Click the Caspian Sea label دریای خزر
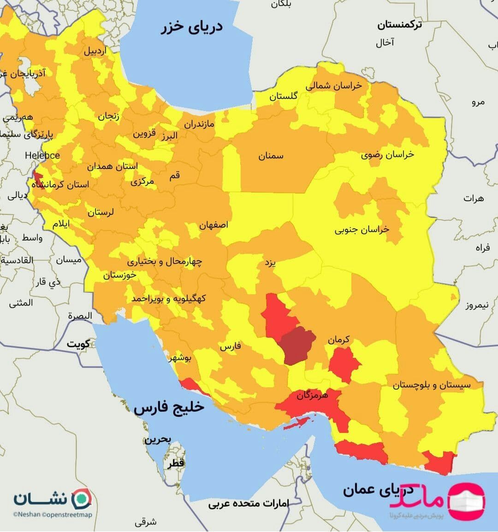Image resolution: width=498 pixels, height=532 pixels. [x=192, y=27]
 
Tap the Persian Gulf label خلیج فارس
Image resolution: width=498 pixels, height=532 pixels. [x=169, y=408]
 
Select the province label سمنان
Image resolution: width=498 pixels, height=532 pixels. [x=271, y=156]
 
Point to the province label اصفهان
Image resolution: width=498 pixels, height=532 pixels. [x=213, y=225]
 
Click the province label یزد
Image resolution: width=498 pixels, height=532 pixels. [x=270, y=263]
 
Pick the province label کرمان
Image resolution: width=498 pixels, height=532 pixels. [x=339, y=340]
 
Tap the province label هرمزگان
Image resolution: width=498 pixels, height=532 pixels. [x=312, y=395]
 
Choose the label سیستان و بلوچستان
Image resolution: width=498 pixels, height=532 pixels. [x=432, y=385]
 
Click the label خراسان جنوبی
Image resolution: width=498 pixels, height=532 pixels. [x=362, y=229]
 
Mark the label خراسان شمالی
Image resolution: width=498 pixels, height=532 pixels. [x=333, y=86]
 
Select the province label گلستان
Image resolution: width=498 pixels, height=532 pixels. [x=284, y=96]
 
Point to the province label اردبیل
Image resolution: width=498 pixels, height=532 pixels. [x=95, y=51]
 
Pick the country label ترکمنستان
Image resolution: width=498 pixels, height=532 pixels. [x=399, y=25]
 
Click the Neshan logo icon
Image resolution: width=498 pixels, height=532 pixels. [x=83, y=498]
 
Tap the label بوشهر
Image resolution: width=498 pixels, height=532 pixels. [x=183, y=357]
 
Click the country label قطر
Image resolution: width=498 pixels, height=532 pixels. [x=176, y=463]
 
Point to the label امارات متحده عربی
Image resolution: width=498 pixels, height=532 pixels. [x=249, y=503]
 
